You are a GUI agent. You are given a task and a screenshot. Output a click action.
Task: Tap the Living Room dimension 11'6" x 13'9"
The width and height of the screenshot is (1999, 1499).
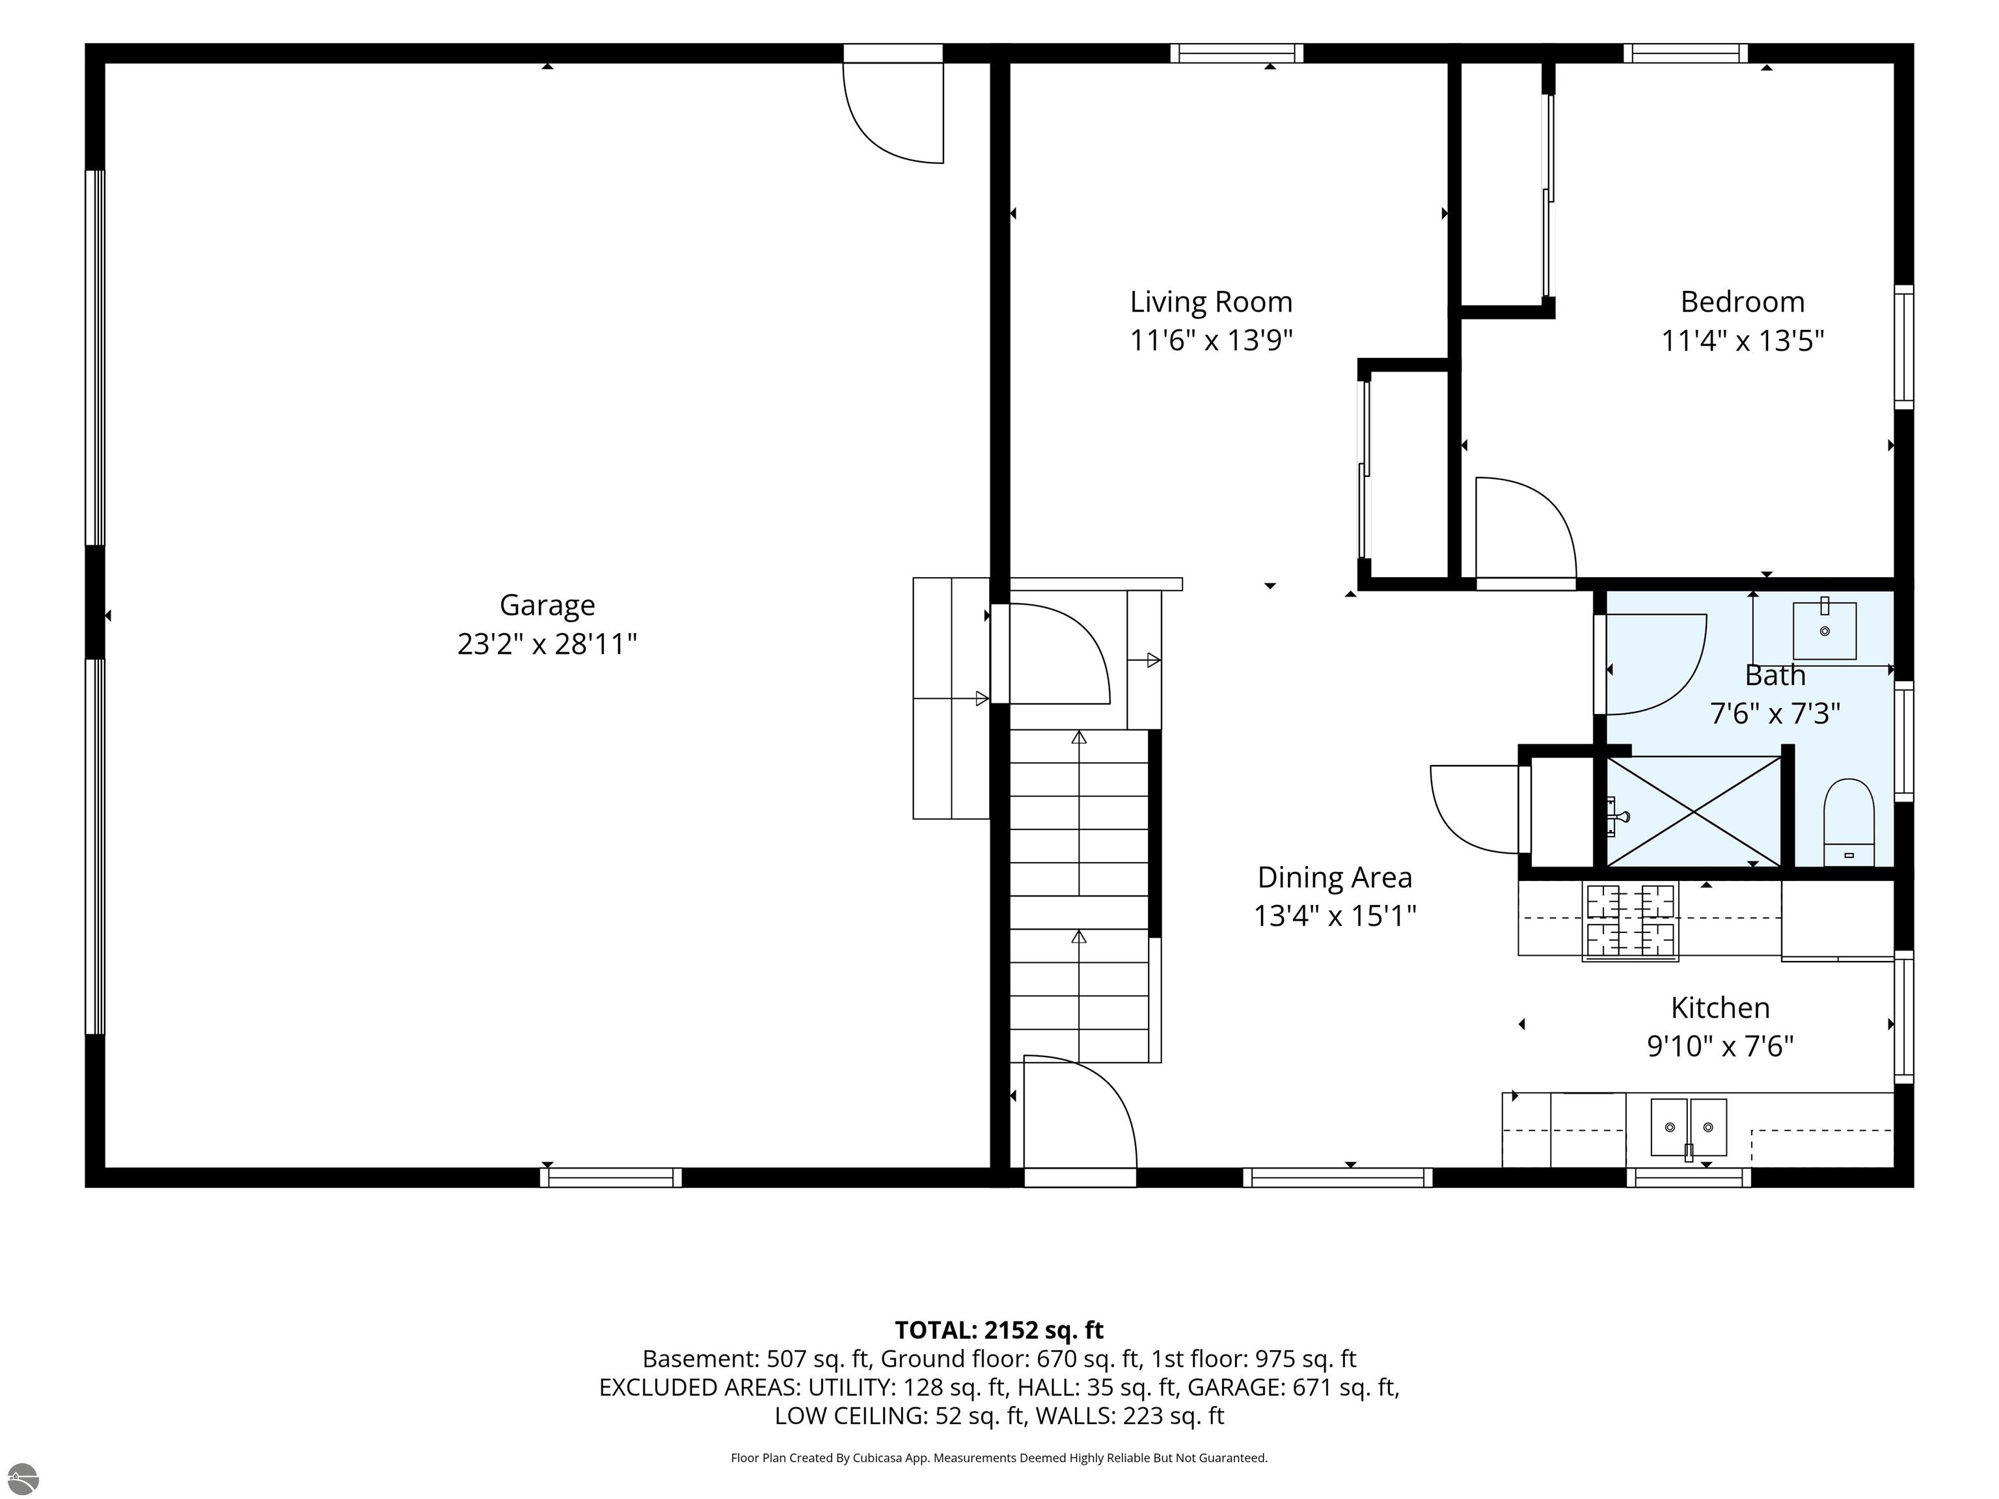(1211, 341)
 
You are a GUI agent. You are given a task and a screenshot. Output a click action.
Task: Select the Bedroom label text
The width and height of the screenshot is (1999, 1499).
(1743, 302)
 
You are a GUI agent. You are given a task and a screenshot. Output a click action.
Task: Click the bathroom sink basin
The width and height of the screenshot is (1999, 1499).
(1825, 630)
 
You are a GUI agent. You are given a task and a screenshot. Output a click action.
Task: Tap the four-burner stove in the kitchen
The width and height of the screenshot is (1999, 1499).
(1630, 920)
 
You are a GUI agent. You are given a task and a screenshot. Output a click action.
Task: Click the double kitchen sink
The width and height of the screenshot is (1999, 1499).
(1688, 1128)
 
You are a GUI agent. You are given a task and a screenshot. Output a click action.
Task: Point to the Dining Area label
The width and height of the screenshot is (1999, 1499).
(1335, 878)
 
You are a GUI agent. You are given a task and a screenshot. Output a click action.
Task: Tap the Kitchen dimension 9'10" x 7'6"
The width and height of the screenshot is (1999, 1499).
(1720, 1046)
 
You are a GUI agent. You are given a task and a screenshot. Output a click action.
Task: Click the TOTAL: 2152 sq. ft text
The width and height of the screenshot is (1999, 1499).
(999, 1330)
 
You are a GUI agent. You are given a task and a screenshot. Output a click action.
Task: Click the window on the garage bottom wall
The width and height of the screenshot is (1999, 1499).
(611, 1178)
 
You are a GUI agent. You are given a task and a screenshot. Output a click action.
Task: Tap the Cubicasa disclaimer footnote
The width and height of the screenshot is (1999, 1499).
(999, 1457)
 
